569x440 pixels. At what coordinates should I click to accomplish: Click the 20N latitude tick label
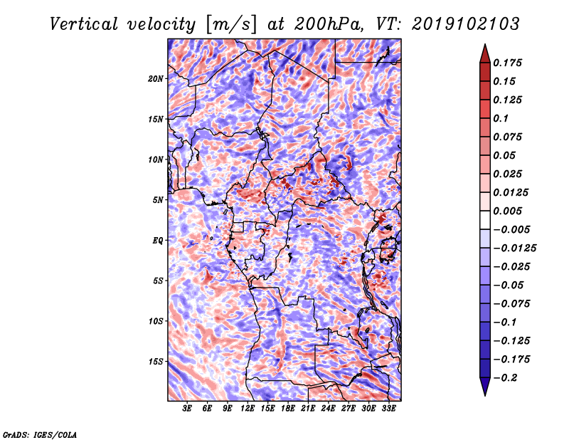(156, 79)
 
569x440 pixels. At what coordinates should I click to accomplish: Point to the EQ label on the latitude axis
(157, 241)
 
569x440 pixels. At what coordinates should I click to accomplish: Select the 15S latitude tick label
(156, 362)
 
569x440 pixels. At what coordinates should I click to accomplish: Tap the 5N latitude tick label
(158, 200)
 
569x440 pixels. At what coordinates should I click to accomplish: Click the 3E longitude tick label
(187, 409)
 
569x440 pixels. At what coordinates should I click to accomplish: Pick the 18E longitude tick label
(288, 409)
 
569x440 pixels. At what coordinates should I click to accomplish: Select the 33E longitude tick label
(388, 409)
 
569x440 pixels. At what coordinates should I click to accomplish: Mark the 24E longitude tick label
(328, 409)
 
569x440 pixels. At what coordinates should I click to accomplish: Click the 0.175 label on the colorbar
(508, 63)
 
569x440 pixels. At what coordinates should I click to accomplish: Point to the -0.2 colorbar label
(505, 378)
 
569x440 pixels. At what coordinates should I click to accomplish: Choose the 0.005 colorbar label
(508, 211)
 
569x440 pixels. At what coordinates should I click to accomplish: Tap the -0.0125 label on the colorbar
(514, 248)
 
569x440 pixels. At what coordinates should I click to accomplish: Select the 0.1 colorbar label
(501, 118)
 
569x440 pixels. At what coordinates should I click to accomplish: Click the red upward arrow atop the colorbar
(485, 54)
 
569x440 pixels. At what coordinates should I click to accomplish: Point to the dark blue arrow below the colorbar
(485, 387)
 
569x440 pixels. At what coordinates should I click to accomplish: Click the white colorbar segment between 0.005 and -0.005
(485, 220)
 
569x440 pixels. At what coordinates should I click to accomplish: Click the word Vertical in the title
(84, 24)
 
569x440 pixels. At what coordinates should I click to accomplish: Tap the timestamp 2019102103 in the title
(466, 24)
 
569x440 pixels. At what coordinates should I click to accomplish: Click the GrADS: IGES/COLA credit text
(40, 435)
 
